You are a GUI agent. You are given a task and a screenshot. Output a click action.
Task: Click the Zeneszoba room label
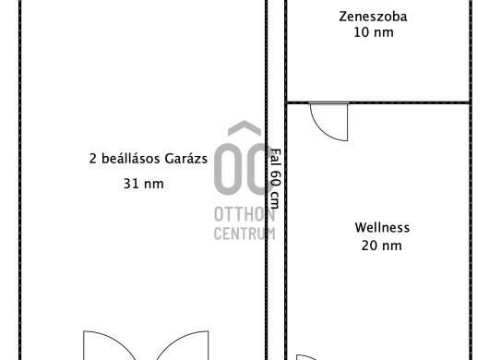(x=373, y=17)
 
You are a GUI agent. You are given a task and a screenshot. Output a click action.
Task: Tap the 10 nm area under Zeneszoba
(x=374, y=32)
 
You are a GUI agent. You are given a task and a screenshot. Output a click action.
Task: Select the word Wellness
(x=382, y=227)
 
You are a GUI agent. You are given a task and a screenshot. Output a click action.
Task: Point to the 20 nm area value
(x=381, y=246)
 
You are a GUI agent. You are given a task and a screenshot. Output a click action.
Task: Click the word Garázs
(x=185, y=159)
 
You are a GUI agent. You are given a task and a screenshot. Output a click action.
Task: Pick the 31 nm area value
(x=143, y=184)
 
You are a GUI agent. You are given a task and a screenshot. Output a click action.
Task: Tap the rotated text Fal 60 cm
(x=275, y=178)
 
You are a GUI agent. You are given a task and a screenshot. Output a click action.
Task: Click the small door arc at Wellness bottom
(x=307, y=356)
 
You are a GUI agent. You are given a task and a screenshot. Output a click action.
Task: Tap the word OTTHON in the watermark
(x=244, y=215)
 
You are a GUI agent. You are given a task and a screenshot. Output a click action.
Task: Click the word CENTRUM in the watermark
(x=244, y=234)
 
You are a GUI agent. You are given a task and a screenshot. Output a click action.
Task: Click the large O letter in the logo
(x=227, y=170)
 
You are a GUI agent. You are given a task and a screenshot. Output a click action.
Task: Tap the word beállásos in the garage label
(x=132, y=159)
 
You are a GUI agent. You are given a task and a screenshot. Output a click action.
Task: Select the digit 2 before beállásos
(x=92, y=159)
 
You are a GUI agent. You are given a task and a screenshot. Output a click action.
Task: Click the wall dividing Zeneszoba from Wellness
(x=378, y=102)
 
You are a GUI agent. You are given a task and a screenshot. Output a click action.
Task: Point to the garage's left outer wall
(x=20, y=180)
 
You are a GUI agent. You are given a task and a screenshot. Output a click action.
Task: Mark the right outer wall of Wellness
(x=471, y=231)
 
